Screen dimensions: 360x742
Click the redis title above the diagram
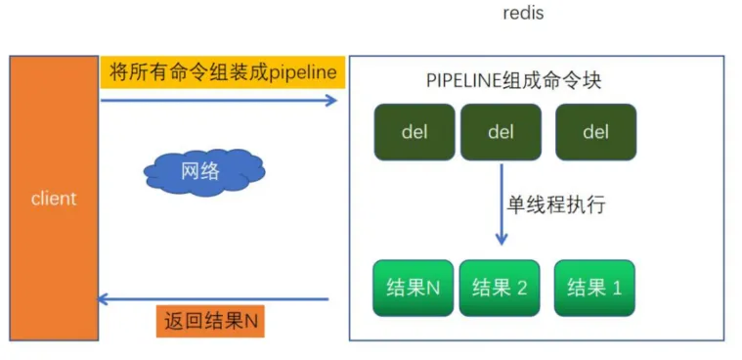[x=523, y=14]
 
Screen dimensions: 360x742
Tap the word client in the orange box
[x=54, y=199]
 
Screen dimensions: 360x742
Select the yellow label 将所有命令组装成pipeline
[x=222, y=72]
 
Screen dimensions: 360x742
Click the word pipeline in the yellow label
[x=303, y=72]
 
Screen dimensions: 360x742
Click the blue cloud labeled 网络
[x=200, y=172]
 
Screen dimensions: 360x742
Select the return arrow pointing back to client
[x=215, y=299]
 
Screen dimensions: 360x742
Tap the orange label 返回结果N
[x=211, y=321]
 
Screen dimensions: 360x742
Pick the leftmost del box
[x=415, y=132]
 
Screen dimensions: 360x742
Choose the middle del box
[x=501, y=132]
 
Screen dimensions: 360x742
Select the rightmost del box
[x=595, y=132]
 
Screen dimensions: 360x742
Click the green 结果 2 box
[x=500, y=288]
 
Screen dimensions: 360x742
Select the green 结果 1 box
[x=594, y=288]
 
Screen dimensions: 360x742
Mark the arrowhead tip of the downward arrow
[x=502, y=243]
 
